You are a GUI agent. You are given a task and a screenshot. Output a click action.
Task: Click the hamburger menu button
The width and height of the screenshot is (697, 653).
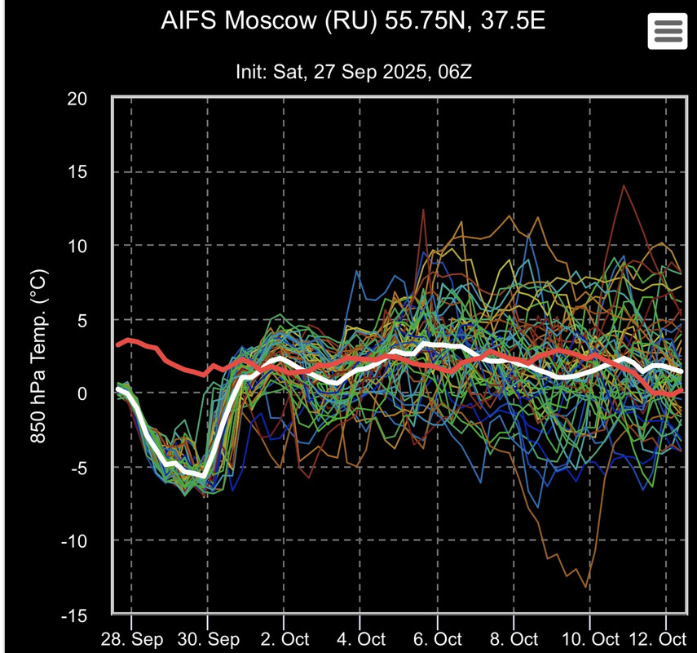(x=667, y=31)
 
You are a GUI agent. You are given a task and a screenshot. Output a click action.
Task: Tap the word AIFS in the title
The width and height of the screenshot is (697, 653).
(x=185, y=20)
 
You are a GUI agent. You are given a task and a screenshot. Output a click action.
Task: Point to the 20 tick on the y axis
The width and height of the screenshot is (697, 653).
(x=77, y=99)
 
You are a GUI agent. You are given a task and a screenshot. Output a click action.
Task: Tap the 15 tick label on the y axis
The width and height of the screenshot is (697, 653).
(x=77, y=172)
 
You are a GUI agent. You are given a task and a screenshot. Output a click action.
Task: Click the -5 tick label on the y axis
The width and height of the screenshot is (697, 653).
(x=79, y=467)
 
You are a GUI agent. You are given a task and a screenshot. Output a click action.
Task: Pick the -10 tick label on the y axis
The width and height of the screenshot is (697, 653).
(x=75, y=541)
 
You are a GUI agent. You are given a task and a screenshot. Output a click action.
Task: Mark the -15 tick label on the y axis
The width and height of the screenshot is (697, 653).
(x=75, y=615)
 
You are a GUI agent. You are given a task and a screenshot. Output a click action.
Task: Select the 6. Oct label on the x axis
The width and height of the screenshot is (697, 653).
(x=438, y=637)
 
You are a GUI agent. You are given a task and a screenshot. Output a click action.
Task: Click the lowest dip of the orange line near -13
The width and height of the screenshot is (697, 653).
(x=586, y=585)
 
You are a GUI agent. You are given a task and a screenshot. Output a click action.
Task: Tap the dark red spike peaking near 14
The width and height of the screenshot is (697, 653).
(x=624, y=186)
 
